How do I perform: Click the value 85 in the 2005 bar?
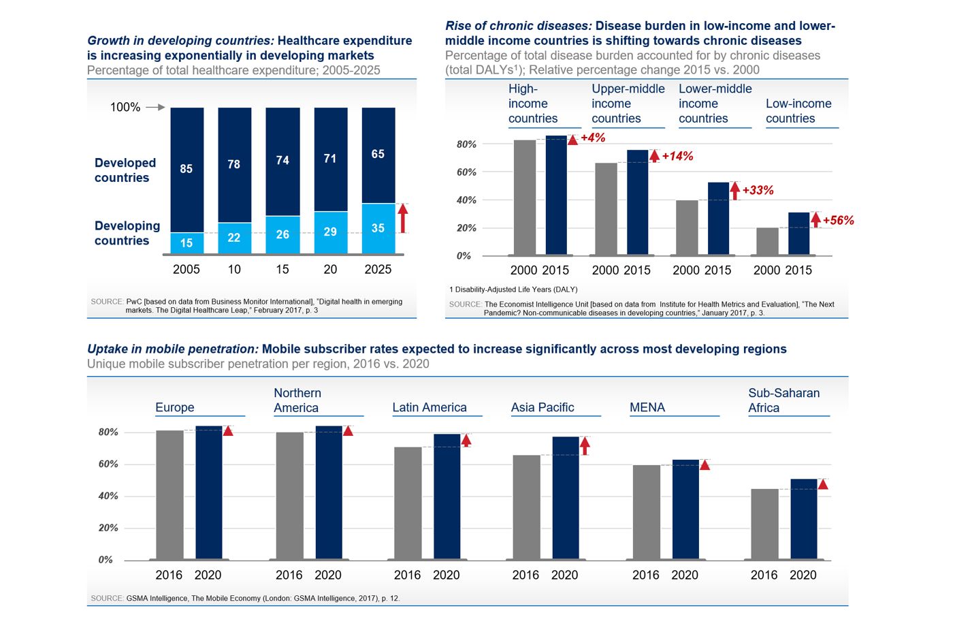point(187,169)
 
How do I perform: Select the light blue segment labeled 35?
point(378,228)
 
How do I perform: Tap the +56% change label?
point(838,221)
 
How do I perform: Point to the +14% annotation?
point(677,156)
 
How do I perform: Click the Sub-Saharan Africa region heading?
point(783,400)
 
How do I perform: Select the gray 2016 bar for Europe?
point(169,494)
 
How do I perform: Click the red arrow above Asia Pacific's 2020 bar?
point(585,445)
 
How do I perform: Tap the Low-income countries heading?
point(798,111)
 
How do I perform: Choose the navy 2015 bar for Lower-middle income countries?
point(718,219)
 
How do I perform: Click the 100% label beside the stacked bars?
point(125,108)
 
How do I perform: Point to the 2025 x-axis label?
point(378,270)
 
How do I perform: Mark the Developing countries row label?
point(127,233)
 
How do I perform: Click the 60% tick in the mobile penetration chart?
point(108,464)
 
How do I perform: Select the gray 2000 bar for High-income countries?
point(525,198)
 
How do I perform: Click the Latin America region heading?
point(430,407)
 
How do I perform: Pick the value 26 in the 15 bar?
point(282,234)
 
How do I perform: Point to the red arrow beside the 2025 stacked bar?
point(403,218)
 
